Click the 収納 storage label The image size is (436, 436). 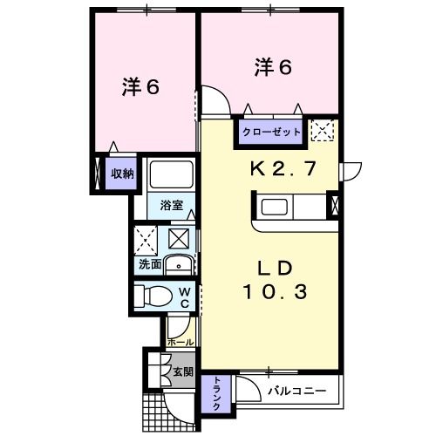coord(121,174)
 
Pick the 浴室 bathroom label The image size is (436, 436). coord(171,207)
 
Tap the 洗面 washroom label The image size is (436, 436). coord(149,263)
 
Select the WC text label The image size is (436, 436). coord(185,296)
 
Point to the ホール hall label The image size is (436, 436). coord(181,343)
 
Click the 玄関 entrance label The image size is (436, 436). coord(182,372)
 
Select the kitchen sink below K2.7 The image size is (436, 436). coord(275,207)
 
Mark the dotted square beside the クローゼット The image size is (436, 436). coord(324,132)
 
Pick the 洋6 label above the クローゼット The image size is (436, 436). coord(272,65)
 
